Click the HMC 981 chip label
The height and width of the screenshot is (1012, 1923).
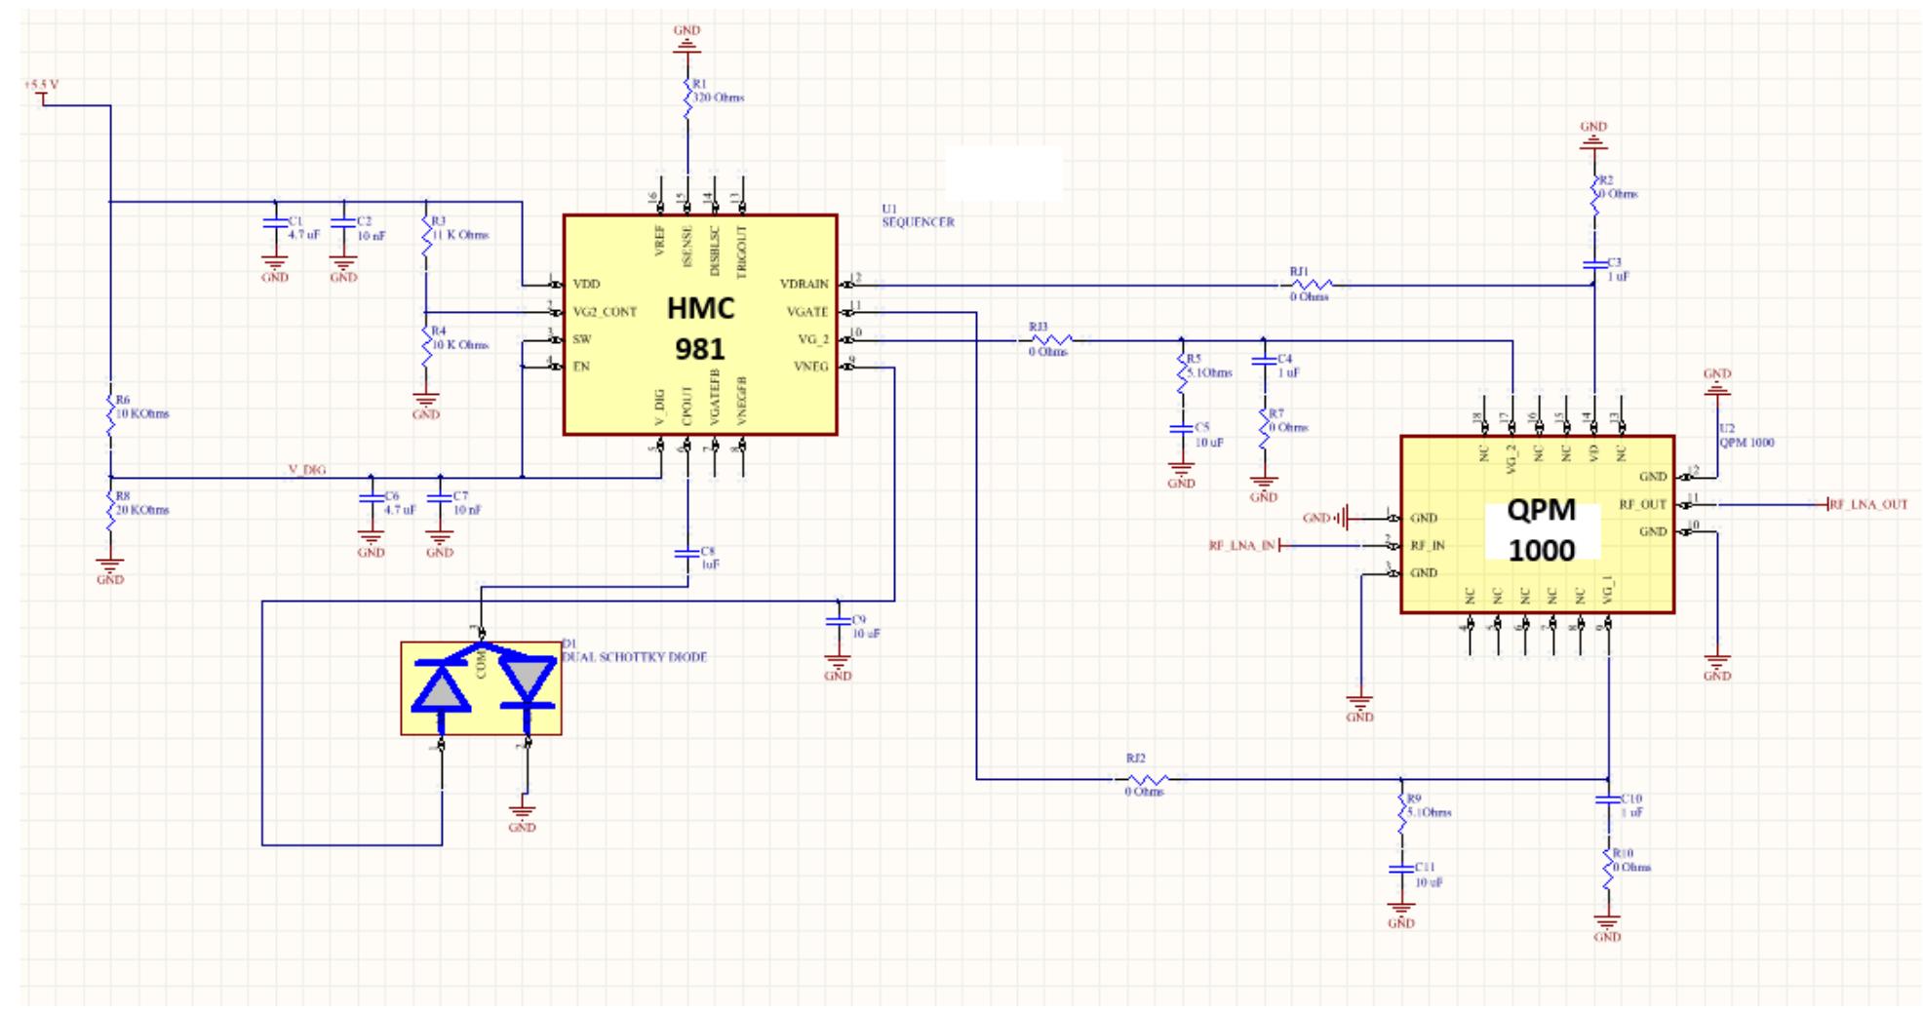(700, 327)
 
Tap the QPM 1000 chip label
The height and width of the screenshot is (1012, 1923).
(1541, 532)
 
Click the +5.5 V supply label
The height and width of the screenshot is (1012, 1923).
(42, 86)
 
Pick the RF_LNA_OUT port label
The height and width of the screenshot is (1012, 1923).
(1867, 505)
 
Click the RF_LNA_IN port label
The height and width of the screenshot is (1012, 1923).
(1241, 546)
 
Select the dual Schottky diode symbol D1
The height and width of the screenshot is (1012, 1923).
(482, 687)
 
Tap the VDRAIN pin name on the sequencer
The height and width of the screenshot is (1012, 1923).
(804, 285)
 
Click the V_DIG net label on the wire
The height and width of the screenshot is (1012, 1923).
(306, 470)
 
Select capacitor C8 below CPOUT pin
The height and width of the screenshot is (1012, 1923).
(687, 554)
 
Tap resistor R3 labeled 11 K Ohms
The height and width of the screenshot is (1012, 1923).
(426, 235)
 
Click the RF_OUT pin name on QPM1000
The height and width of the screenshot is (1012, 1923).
(1642, 505)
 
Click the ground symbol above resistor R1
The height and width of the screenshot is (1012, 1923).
(687, 39)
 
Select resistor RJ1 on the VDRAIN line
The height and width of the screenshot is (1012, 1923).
(1307, 285)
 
